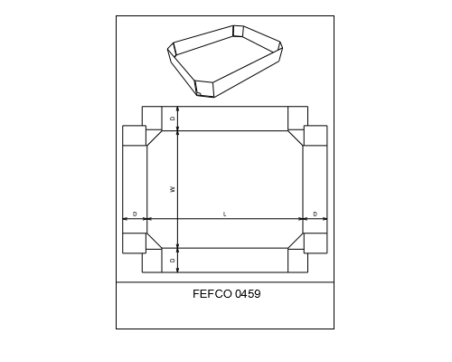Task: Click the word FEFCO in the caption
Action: click(x=212, y=294)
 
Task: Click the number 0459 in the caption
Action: click(x=248, y=294)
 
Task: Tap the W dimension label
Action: click(x=173, y=189)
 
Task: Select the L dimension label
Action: click(x=224, y=214)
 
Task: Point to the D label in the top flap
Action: click(x=173, y=119)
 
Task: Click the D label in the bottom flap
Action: click(x=173, y=261)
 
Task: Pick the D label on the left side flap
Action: click(x=135, y=214)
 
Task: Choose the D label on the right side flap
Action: click(x=315, y=214)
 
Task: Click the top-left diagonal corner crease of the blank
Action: click(x=155, y=138)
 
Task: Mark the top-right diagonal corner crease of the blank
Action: click(x=296, y=138)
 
